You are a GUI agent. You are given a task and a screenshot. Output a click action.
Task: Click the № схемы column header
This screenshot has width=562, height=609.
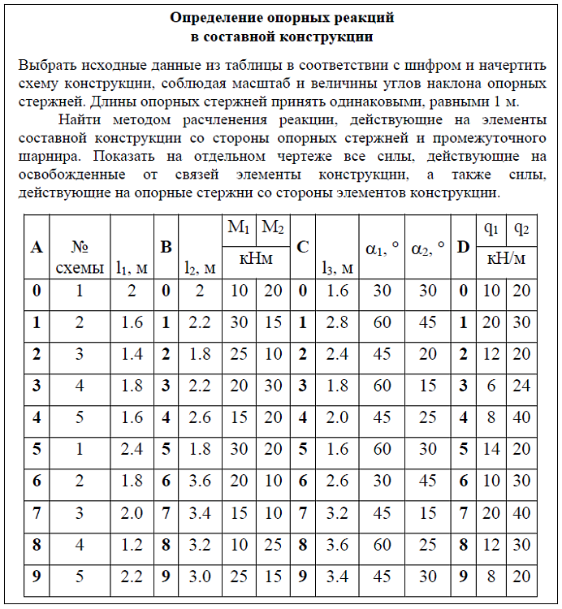coord(80,257)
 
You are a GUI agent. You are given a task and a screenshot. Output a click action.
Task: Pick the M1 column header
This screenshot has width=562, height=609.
coord(239,230)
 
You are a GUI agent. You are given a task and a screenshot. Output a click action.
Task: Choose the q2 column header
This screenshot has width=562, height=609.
coord(520,230)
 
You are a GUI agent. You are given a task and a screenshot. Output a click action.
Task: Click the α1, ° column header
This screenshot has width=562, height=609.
coord(381,246)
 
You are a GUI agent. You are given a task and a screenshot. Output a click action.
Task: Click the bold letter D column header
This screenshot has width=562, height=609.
coord(463,246)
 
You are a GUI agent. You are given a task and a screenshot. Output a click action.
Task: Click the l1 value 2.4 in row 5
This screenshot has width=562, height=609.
coord(132,448)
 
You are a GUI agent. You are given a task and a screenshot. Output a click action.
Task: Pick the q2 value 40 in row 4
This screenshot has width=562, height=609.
coord(521,417)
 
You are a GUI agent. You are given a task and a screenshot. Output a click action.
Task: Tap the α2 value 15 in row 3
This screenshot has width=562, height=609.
coord(427,386)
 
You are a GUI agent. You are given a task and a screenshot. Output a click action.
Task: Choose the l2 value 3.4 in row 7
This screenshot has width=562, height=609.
coord(199,512)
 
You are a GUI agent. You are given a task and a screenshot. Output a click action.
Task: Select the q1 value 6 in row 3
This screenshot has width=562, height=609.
coord(491,386)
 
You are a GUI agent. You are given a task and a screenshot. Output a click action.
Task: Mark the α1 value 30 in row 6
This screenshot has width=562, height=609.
coord(381,480)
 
